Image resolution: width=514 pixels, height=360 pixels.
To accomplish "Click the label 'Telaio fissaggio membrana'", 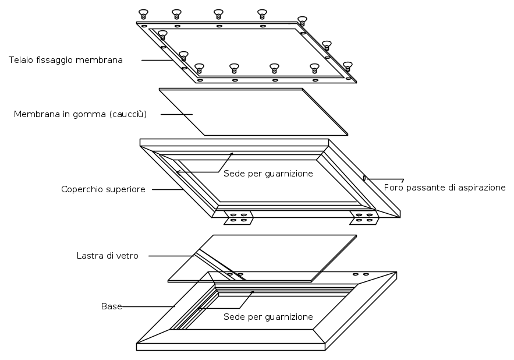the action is [x=66, y=60].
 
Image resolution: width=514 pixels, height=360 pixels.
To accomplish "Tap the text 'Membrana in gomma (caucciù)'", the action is [x=80, y=114].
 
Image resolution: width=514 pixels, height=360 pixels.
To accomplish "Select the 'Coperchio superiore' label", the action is [x=103, y=189].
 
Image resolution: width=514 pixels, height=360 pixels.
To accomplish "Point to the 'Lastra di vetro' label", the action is [x=108, y=256].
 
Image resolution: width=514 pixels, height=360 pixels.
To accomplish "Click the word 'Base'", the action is [x=111, y=306].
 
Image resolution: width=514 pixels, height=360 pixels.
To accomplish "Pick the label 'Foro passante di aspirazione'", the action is [x=445, y=188].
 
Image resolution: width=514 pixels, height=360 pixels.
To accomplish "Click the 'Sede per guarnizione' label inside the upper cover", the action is [x=268, y=174].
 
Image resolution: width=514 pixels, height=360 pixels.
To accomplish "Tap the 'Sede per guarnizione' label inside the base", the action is [x=268, y=317].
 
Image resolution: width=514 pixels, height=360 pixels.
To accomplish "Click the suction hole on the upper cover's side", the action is [x=364, y=178].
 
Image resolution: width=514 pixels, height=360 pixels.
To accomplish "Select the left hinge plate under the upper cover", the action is [x=238, y=218].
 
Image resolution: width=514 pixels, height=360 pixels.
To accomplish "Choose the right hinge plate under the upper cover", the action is [x=364, y=218].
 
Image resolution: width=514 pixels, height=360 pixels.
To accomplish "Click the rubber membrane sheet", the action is [x=253, y=112].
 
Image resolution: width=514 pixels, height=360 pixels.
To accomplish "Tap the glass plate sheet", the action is [x=263, y=258].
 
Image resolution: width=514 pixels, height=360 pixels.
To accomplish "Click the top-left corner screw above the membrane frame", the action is [x=143, y=14].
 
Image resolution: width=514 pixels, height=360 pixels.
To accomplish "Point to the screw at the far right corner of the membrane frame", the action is [x=348, y=66].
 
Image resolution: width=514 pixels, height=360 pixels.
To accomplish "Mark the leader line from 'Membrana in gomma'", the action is [x=176, y=114].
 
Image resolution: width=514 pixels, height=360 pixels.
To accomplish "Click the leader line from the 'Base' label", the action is [x=148, y=306].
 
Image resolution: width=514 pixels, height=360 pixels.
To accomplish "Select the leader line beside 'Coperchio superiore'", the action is [x=168, y=189].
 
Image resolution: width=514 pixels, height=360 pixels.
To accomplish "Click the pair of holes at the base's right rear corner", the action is [x=361, y=274].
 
